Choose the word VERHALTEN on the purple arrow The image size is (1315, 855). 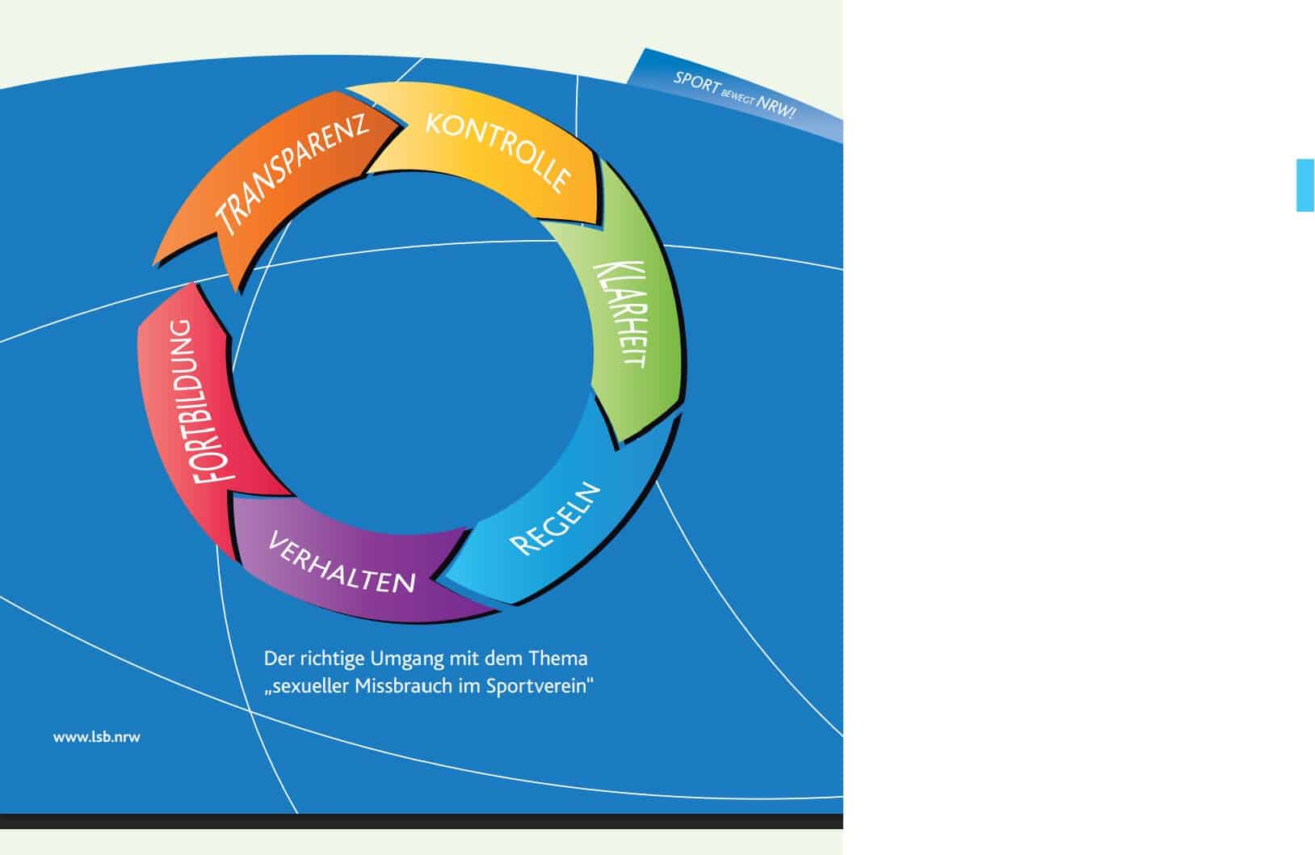click(x=341, y=562)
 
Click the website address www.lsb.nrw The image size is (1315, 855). click(x=96, y=737)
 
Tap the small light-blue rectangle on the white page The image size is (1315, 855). click(x=1304, y=185)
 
